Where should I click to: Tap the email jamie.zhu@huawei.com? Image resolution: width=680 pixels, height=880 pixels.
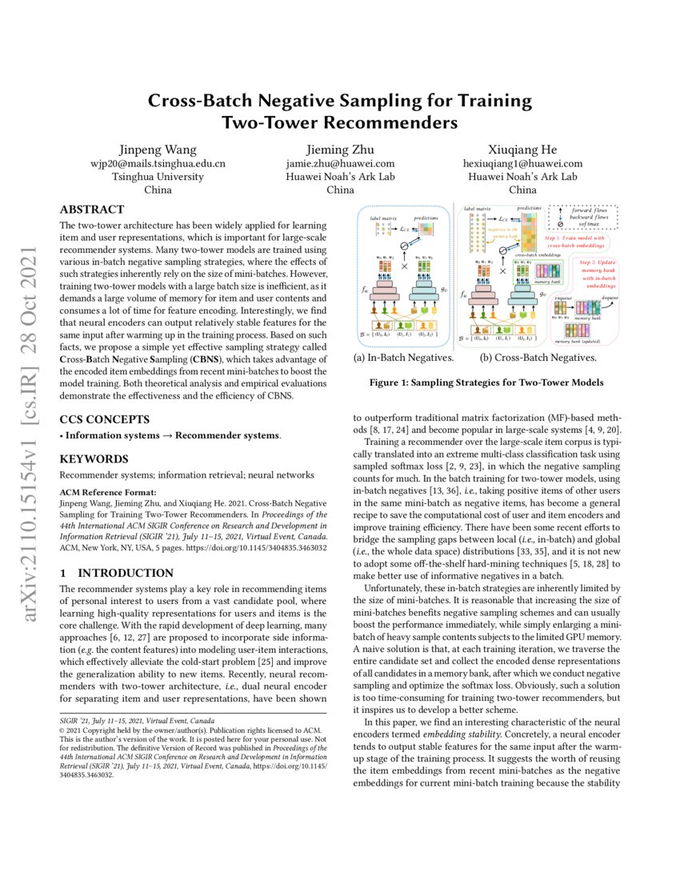[340, 164]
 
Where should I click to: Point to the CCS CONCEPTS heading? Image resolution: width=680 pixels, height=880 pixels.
[105, 418]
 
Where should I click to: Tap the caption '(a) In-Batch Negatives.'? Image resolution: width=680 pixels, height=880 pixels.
[404, 358]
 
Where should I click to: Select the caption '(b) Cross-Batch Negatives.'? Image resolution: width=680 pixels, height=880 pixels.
[538, 358]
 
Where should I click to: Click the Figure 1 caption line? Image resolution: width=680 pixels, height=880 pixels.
[486, 383]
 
